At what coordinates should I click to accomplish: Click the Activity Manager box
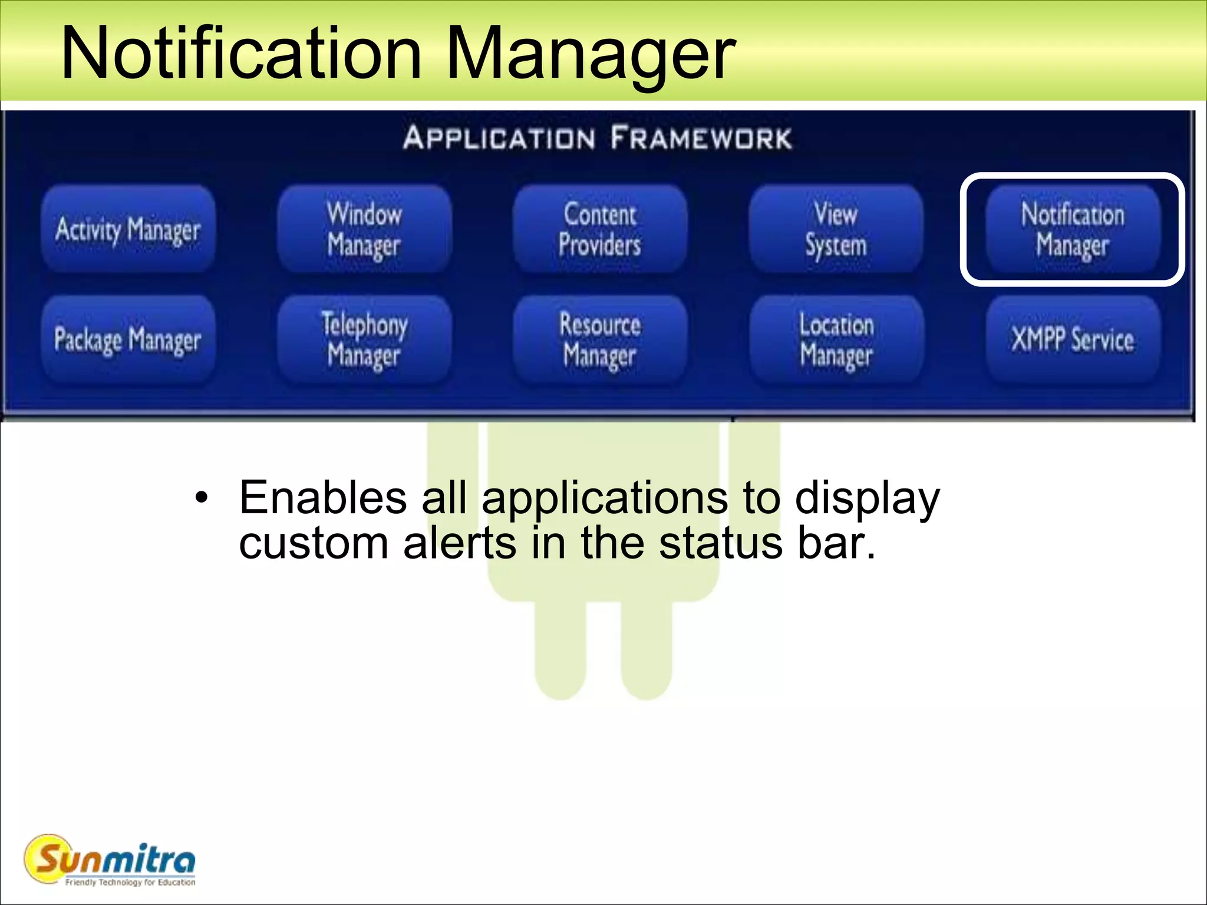128,229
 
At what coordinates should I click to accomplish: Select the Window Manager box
364,229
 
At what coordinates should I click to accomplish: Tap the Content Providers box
600,229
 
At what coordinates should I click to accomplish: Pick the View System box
836,229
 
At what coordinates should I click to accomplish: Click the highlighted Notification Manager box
1073,229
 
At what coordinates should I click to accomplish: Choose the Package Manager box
128,339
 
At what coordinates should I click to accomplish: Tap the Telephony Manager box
364,339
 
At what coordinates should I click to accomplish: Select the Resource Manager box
600,339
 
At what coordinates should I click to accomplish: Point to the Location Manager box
836,339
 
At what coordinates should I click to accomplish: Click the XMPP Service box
1073,339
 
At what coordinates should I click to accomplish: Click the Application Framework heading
597,138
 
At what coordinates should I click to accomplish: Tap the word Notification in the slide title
242,53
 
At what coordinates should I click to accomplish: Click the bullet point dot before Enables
202,498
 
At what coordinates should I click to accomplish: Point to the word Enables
323,497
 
